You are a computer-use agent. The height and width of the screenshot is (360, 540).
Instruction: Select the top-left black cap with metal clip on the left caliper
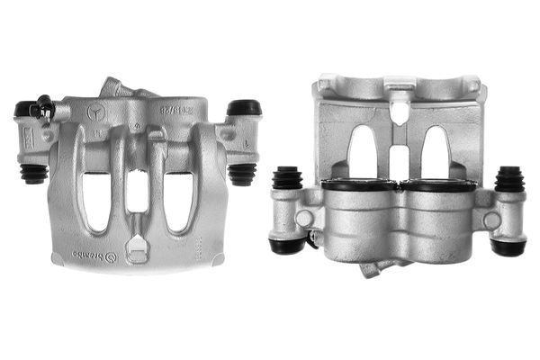(33, 109)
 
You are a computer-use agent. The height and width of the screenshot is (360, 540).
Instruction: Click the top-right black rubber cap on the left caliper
(243, 108)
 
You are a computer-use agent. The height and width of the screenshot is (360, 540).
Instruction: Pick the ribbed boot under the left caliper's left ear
(34, 172)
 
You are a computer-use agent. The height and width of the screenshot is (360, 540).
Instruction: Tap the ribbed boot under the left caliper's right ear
(241, 173)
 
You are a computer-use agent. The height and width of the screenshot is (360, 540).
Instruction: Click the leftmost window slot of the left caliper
(94, 200)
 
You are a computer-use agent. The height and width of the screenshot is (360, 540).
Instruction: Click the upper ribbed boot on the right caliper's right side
(508, 178)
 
